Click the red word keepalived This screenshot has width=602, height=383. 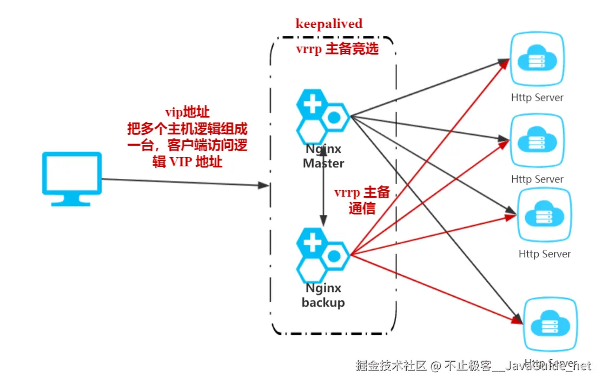point(329,24)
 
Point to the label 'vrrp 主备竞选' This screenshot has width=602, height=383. point(336,49)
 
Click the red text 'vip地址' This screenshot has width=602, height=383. point(187,112)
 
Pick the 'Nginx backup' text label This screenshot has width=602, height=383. point(323,295)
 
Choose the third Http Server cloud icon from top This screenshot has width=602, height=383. point(544,216)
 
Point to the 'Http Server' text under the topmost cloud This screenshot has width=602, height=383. point(537,98)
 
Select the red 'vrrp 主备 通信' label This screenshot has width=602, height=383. point(362,201)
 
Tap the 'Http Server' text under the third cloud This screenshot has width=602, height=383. point(545,254)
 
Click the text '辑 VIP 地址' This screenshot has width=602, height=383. point(187,161)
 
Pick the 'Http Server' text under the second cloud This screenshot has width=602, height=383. point(537,179)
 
